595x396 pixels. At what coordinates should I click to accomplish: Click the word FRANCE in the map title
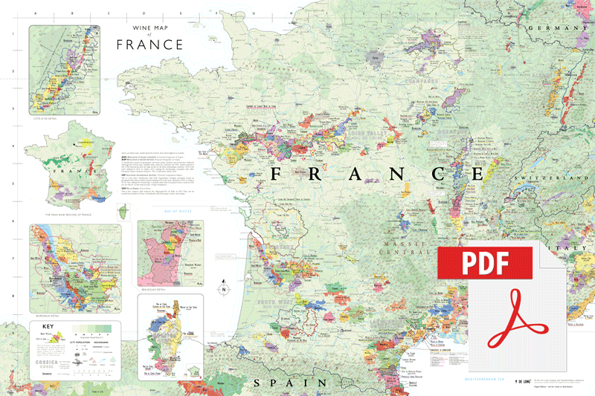149,45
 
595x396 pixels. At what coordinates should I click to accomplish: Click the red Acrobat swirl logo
516,320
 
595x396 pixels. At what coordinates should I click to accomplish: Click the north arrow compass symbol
222,290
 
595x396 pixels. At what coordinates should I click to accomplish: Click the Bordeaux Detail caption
47,315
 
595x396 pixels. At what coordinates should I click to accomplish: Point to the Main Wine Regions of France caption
59,217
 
